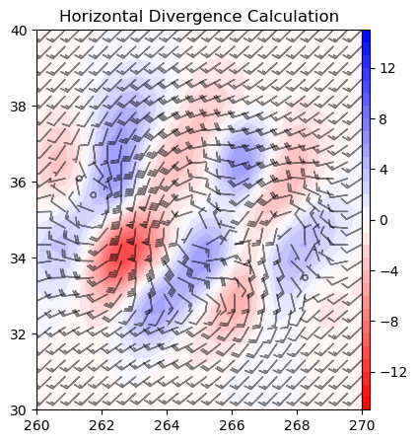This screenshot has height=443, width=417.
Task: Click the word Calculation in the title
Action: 293,17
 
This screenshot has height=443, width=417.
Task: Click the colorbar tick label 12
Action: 387,68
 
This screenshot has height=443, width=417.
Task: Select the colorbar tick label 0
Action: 383,220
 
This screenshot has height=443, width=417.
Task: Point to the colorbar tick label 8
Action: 383,119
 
